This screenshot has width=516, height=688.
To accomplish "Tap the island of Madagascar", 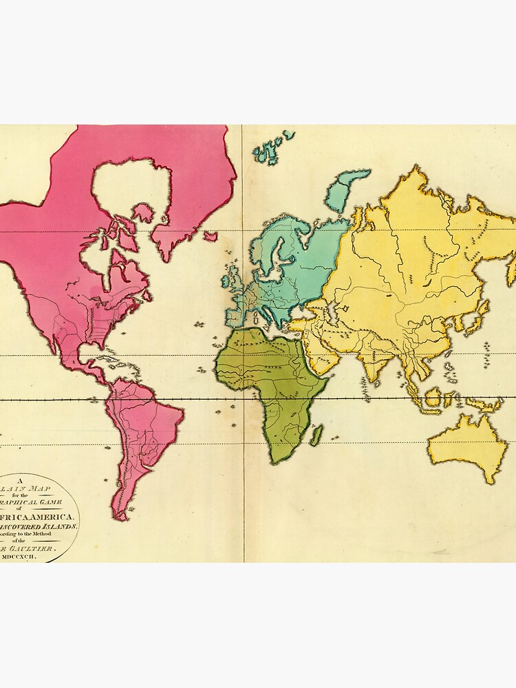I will tap(316, 435).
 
